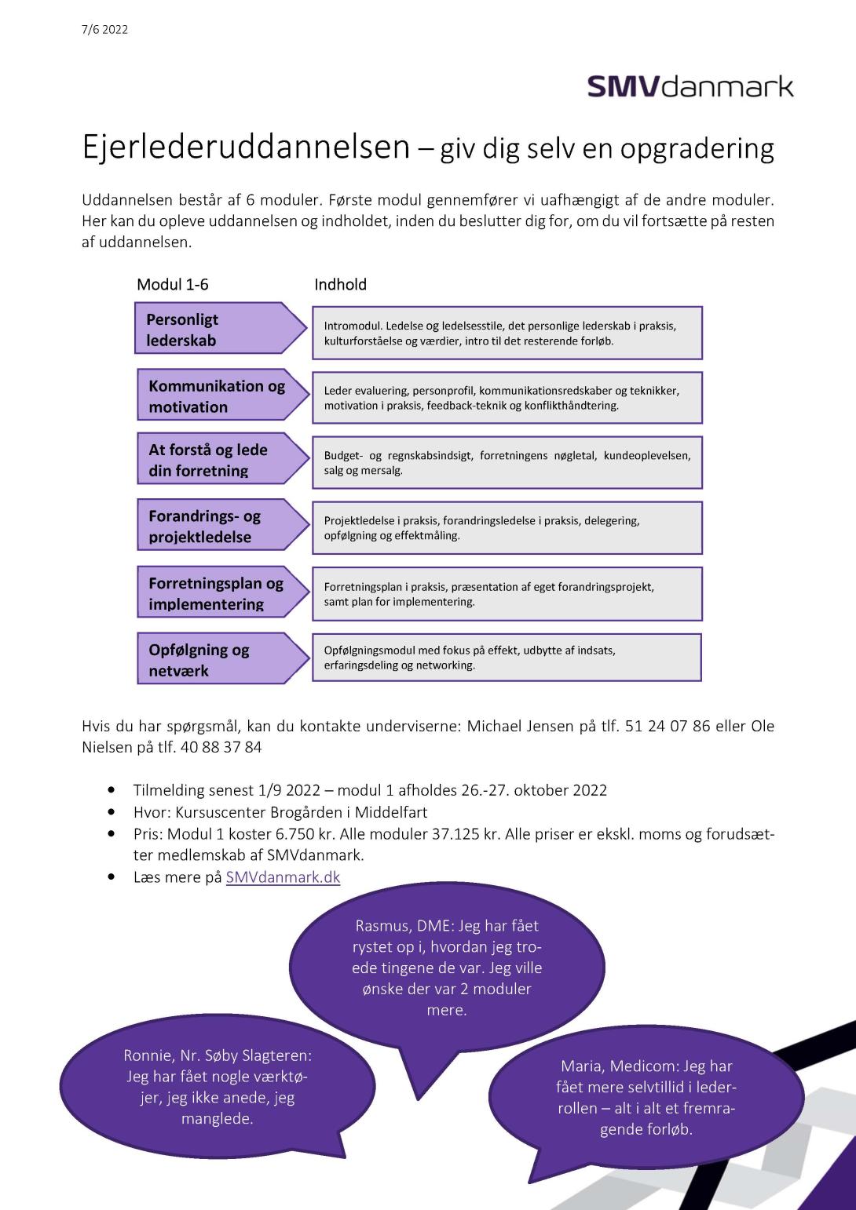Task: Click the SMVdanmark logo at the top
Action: (x=690, y=86)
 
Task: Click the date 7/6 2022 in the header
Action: (x=104, y=30)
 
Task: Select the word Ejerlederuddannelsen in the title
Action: (x=247, y=147)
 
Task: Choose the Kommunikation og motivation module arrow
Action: (x=220, y=395)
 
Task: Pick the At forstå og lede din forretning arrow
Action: (x=220, y=460)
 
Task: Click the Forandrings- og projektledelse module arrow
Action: (x=220, y=526)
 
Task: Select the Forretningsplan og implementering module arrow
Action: (x=220, y=593)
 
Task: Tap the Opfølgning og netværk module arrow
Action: (x=220, y=659)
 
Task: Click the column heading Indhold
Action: (x=340, y=284)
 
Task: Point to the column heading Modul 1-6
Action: (x=173, y=284)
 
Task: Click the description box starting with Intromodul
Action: (x=507, y=333)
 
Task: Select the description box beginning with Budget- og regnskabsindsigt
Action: (x=507, y=463)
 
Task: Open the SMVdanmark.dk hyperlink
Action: (x=283, y=877)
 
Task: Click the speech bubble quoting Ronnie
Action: (x=218, y=1087)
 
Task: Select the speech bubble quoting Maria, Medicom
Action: (x=646, y=1098)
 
